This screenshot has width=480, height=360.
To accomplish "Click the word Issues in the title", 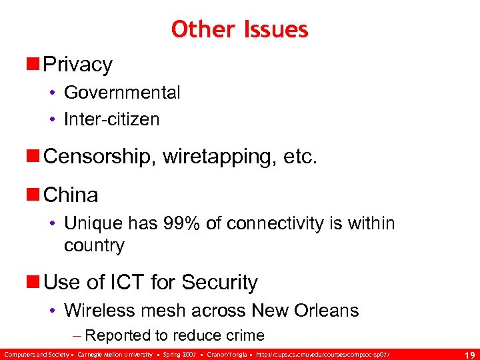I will [275, 29].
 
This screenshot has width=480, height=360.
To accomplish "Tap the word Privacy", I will [78, 65].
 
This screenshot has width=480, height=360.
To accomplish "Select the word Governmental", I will [122, 93].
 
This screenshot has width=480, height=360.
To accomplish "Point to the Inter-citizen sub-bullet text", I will [112, 119].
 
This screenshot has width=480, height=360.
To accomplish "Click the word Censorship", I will [93, 157].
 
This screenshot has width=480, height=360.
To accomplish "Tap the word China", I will [71, 195].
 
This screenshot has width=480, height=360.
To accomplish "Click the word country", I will [94, 245].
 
